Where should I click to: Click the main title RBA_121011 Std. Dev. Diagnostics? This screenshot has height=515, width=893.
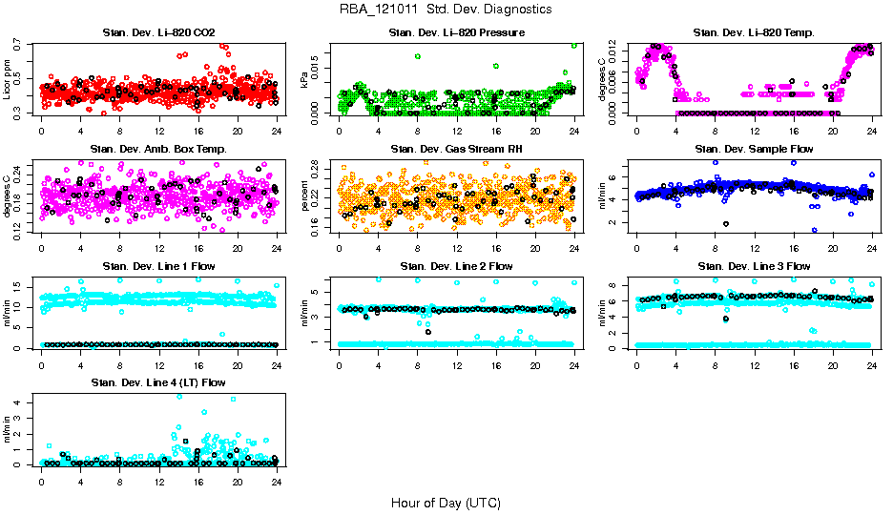[x=445, y=10]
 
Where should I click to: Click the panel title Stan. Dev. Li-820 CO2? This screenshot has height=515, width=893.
[x=158, y=33]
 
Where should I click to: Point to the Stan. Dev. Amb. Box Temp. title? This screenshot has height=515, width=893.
[x=158, y=150]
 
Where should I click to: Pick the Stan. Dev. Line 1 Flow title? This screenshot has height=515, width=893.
[x=158, y=266]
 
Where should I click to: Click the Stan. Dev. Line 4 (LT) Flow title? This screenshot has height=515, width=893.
[x=158, y=382]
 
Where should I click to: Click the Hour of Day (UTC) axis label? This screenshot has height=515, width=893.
[x=445, y=503]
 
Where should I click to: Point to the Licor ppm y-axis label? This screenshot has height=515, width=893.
[x=8, y=79]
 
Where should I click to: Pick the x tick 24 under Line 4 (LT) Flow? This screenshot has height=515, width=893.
[x=276, y=482]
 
